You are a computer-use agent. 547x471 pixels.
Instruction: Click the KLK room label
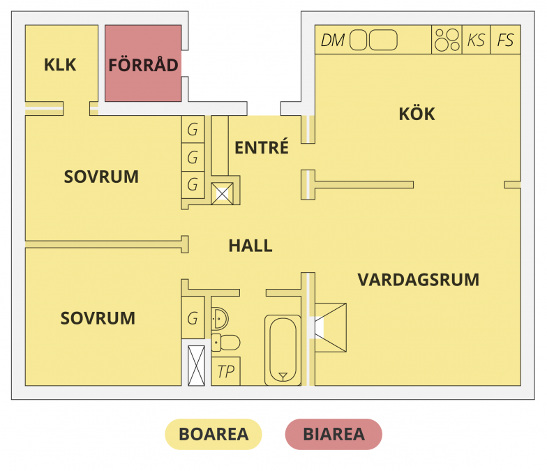(60, 65)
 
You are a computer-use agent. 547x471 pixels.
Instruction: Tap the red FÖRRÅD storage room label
(143, 65)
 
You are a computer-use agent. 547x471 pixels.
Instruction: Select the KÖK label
(417, 114)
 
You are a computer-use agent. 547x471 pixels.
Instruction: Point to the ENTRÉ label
(262, 148)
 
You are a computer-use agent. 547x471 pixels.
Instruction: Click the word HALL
(250, 246)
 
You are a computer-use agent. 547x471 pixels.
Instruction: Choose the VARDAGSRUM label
(418, 280)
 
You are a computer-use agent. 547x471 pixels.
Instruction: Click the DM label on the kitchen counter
(333, 40)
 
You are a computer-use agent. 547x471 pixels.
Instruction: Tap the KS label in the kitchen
(476, 40)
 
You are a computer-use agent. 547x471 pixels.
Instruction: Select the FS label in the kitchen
(505, 40)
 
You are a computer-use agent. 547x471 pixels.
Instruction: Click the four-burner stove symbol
(447, 40)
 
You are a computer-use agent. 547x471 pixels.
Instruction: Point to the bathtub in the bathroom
(283, 350)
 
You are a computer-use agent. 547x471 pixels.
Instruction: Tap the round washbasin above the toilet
(219, 318)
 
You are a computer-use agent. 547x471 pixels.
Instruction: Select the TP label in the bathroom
(225, 372)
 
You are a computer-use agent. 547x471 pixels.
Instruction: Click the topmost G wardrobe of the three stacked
(193, 129)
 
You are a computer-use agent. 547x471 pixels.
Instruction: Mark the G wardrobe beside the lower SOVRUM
(193, 319)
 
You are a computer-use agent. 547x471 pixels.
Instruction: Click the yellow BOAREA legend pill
(213, 434)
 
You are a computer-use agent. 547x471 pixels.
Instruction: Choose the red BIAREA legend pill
(334, 434)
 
